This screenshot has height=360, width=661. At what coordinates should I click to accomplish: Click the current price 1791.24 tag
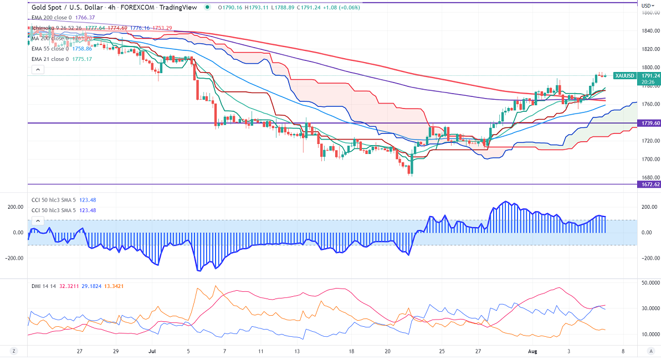click(x=650, y=75)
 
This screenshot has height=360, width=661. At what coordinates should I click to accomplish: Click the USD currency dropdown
click(x=646, y=6)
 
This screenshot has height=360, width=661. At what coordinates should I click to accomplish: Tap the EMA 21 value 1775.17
click(x=81, y=59)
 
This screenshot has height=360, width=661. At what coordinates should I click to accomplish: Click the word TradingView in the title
click(x=178, y=7)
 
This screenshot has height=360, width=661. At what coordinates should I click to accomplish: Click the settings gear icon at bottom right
click(x=651, y=351)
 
